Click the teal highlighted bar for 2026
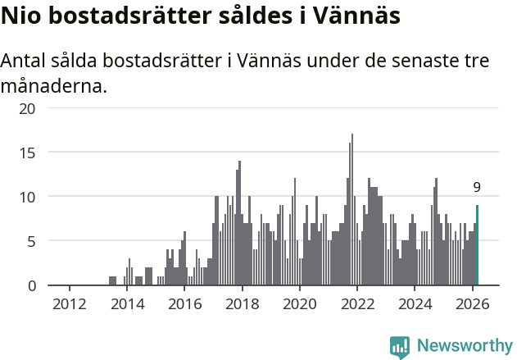click(x=477, y=246)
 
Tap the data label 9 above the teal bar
click(x=477, y=188)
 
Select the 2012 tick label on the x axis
click(x=69, y=303)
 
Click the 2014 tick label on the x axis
click(x=126, y=303)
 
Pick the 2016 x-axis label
click(x=184, y=303)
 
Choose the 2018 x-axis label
click(x=242, y=303)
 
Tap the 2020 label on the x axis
click(x=299, y=303)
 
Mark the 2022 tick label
click(x=357, y=303)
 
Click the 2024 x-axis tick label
click(x=415, y=303)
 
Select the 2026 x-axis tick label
click(x=472, y=303)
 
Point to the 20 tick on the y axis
click(x=28, y=108)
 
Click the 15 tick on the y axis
click(x=28, y=153)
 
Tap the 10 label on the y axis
click(x=28, y=197)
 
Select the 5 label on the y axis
click(x=32, y=241)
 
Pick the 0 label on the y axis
click(x=32, y=285)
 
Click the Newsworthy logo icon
click(x=400, y=346)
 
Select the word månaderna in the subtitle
click(x=54, y=84)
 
